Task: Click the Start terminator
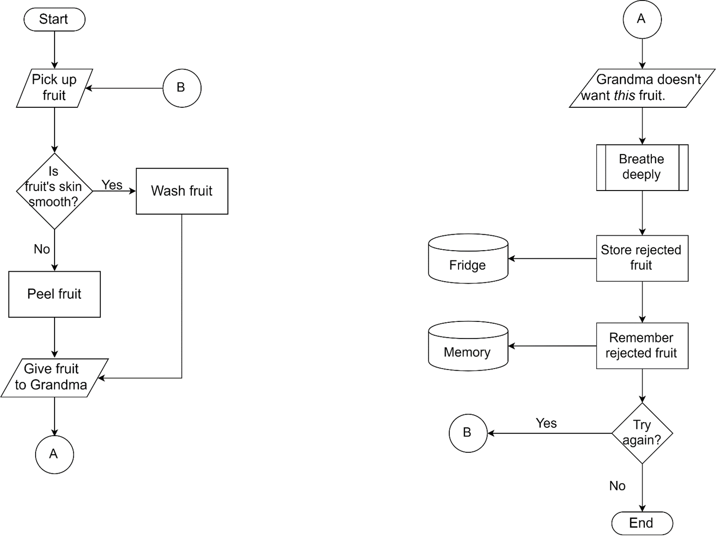pos(54,20)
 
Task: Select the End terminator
pos(641,523)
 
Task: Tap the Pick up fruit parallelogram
pos(54,88)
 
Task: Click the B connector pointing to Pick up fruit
pos(181,88)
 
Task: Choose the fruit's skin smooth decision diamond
pos(54,191)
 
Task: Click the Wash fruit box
pos(182,191)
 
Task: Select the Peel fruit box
pos(54,294)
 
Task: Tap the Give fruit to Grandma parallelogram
pos(54,378)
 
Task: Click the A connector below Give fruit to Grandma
pos(54,454)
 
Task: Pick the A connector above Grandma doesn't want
pos(642,20)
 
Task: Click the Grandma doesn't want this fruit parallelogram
pos(642,88)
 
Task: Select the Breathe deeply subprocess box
pos(642,167)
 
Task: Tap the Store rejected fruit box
pos(642,258)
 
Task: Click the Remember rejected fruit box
pos(642,345)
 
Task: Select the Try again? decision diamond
pos(642,433)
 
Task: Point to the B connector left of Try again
pos(468,433)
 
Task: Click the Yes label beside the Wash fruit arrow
pos(112,185)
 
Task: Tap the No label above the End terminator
pos(617,486)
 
